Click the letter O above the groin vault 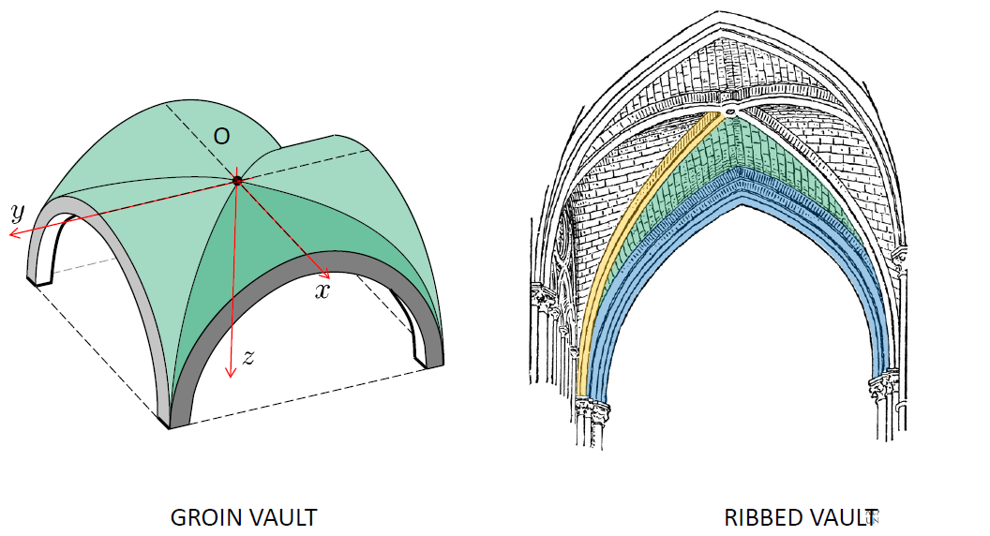point(221,137)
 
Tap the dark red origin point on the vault point(237,180)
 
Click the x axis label point(322,291)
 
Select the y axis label point(17,212)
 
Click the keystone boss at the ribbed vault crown point(729,112)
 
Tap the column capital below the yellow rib point(591,408)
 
